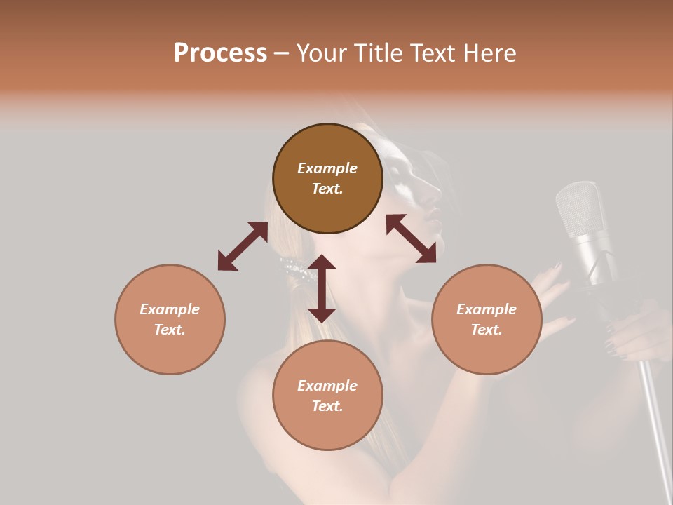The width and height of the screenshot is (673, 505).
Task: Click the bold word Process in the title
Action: point(220,53)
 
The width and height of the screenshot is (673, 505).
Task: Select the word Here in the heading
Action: point(491,53)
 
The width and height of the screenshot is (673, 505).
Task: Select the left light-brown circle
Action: point(170,319)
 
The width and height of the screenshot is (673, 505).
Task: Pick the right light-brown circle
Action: point(487,319)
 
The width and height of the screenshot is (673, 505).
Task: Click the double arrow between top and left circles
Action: point(243,246)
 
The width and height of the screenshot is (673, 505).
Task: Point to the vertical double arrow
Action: point(322,288)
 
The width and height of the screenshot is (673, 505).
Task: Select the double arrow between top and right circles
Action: point(411,238)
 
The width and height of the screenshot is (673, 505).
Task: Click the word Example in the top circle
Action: point(327,168)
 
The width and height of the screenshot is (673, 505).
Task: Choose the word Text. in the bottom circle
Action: point(327,406)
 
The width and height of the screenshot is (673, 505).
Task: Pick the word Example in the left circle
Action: point(170,309)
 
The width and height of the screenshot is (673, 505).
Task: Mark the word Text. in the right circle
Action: point(487,330)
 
